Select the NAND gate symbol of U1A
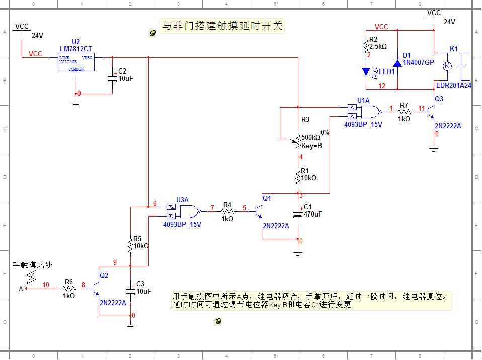[369, 112]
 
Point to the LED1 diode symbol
[367, 71]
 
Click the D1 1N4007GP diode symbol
[397, 63]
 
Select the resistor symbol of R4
[227, 211]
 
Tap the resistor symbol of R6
[69, 289]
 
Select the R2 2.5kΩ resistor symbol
[367, 46]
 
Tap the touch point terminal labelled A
[26, 289]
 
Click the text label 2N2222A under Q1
[276, 226]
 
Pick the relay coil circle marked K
[446, 66]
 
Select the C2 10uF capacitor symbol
[112, 78]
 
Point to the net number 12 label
[382, 86]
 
